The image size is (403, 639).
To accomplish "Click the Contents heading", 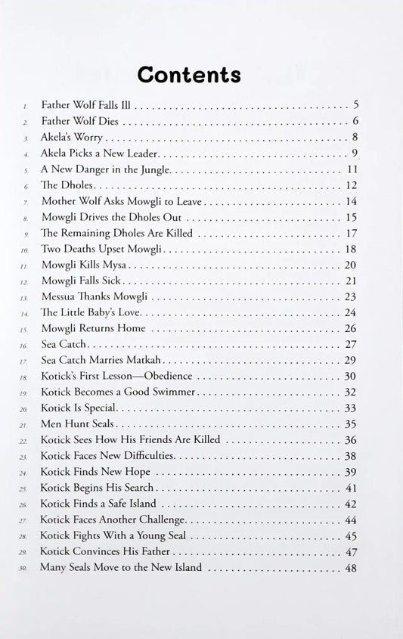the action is point(189,75).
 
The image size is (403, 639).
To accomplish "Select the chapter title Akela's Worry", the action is point(72,137).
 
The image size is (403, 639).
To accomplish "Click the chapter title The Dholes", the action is point(66,185).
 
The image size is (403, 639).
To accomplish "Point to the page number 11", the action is point(352,169).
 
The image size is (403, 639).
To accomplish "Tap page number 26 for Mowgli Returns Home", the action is point(351,328).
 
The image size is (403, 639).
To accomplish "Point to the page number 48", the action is point(351,567).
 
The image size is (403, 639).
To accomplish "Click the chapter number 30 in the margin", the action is point(25,568).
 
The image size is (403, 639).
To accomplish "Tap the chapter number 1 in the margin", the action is point(25,106).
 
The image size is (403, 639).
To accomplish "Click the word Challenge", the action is point(156,520).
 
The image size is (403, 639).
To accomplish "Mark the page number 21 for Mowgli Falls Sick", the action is point(351,281).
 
